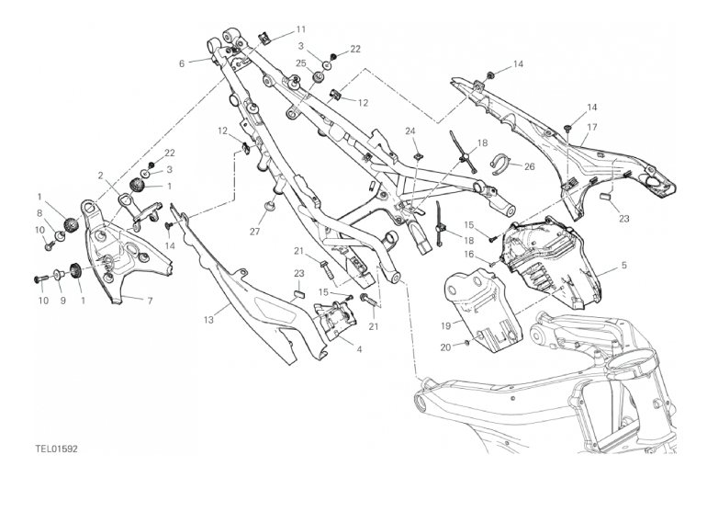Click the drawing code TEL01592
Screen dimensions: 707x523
(x=57, y=449)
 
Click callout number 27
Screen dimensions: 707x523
(x=255, y=232)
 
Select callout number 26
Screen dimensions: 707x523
(x=529, y=166)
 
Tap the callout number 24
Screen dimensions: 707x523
(x=410, y=131)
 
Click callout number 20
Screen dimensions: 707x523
(x=445, y=347)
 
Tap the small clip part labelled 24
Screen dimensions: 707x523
(x=420, y=156)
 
